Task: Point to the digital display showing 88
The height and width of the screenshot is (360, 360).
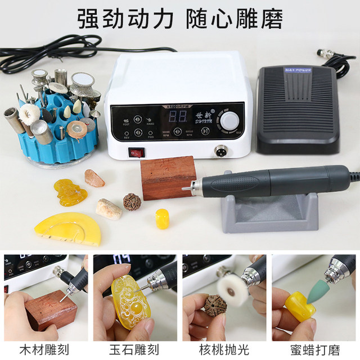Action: (x=178, y=117)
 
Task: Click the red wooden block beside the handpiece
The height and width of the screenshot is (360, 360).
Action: (x=168, y=178)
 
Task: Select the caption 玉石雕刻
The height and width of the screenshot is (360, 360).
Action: (x=135, y=349)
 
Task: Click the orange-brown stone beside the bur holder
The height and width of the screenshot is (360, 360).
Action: (x=94, y=178)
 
